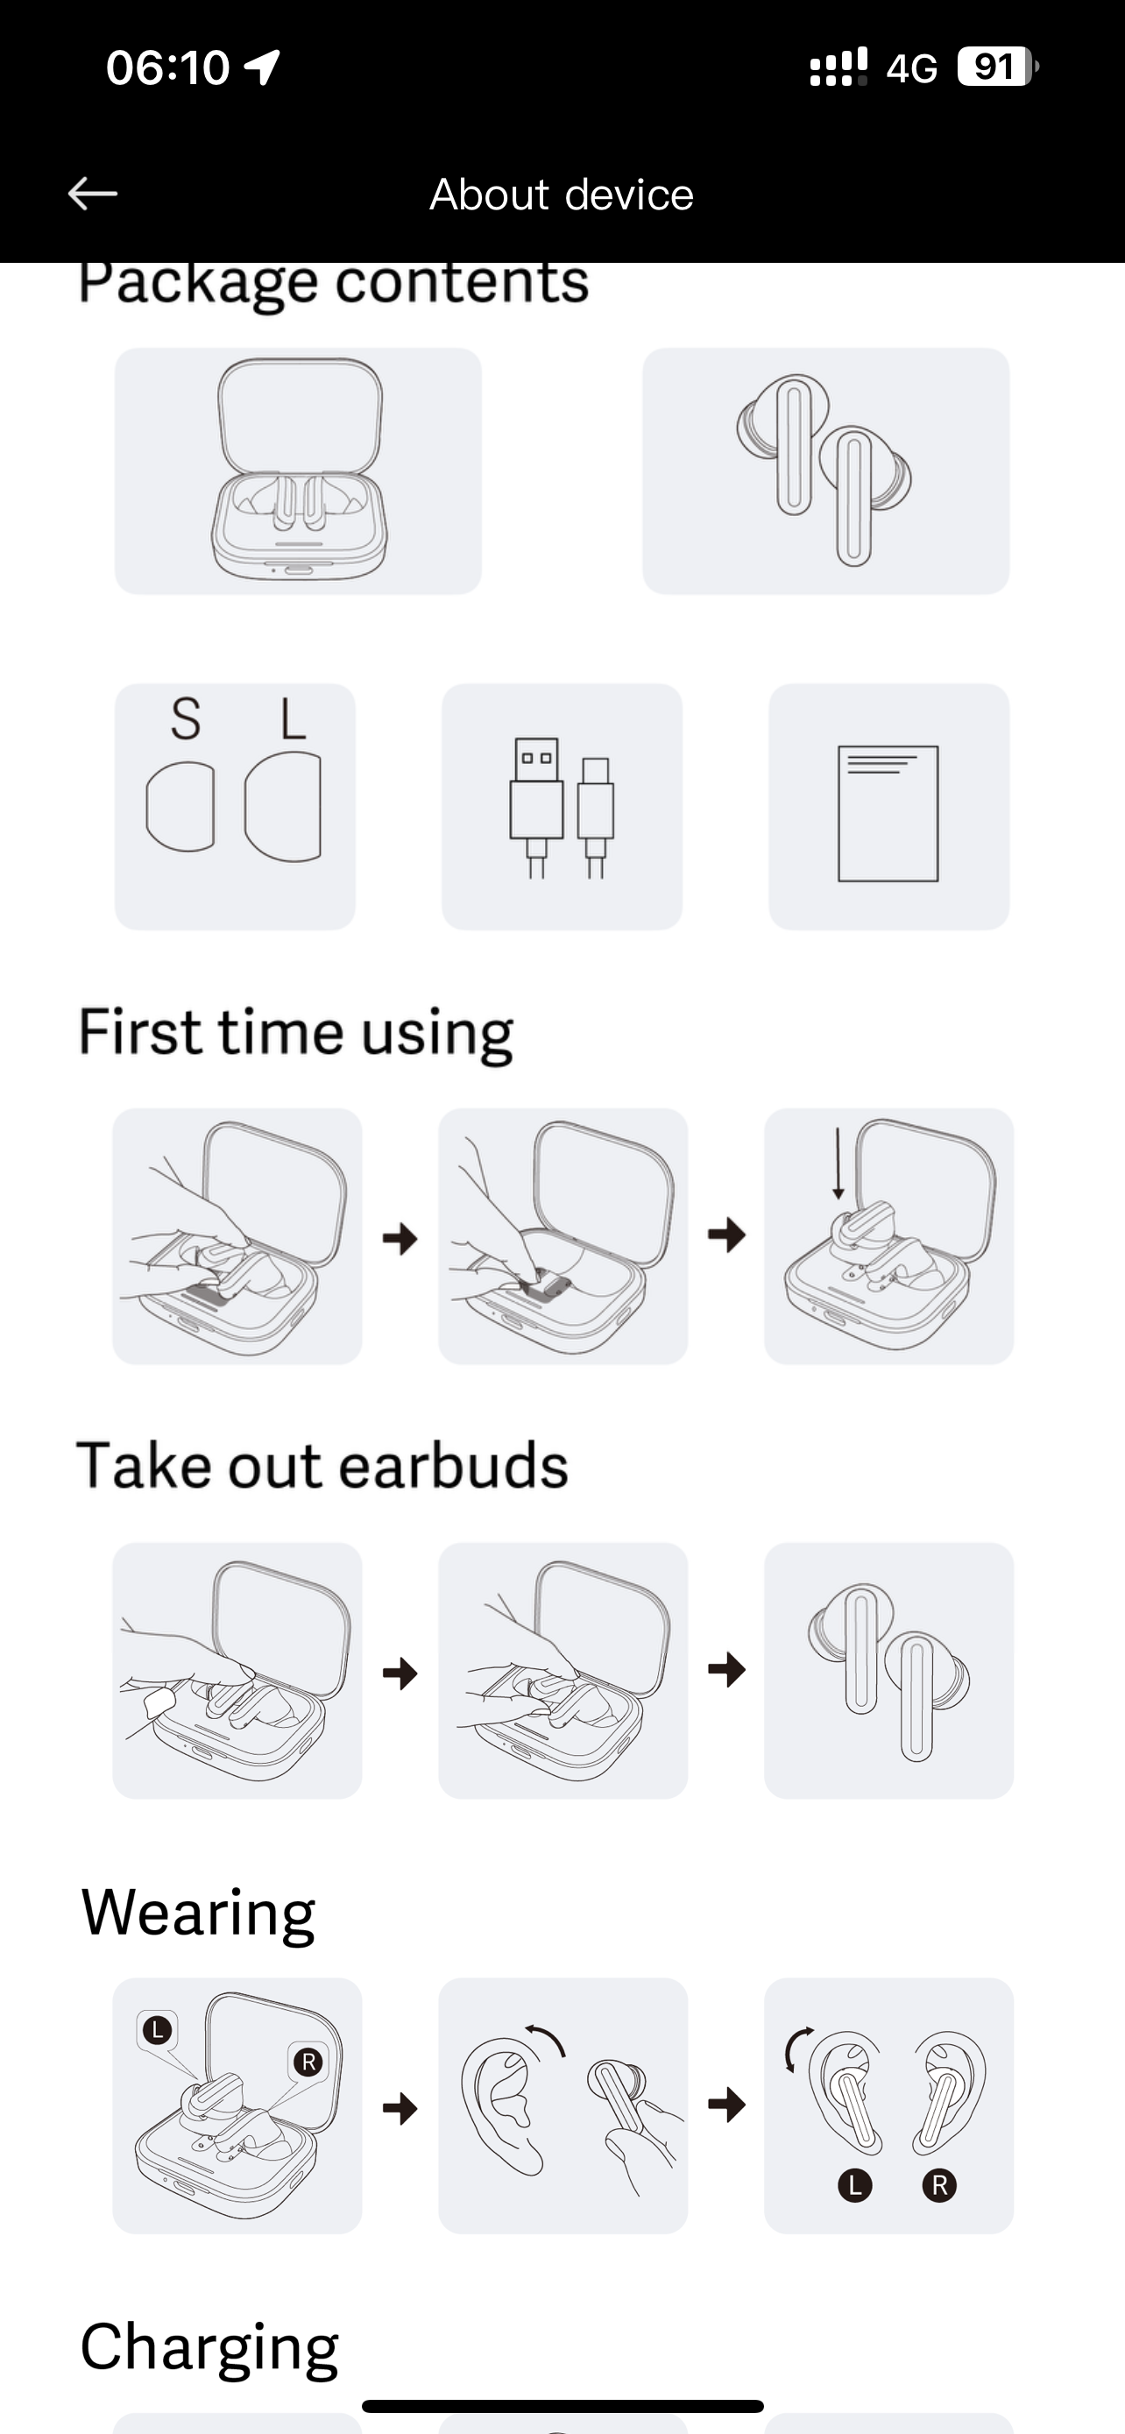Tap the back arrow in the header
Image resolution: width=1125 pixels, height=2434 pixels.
click(93, 194)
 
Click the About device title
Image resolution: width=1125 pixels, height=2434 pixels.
click(562, 195)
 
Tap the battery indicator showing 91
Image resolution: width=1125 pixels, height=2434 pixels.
click(997, 67)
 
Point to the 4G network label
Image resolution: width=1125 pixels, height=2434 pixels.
click(911, 68)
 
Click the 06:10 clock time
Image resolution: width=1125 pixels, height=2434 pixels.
click(168, 68)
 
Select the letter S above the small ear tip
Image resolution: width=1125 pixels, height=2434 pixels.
click(185, 719)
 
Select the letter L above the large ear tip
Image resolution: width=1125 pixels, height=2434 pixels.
click(293, 719)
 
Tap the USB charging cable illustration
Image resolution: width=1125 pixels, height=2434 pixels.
click(562, 808)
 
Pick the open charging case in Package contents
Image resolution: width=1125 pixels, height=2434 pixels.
click(299, 469)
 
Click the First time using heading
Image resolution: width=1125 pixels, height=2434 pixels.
click(295, 1032)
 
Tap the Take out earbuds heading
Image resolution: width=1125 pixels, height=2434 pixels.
click(322, 1466)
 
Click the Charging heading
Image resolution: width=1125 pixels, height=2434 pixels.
click(209, 2348)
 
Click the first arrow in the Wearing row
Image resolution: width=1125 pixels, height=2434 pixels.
click(400, 2108)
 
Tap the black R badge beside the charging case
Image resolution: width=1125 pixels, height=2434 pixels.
click(308, 2063)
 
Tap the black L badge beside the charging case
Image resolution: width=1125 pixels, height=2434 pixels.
click(157, 2029)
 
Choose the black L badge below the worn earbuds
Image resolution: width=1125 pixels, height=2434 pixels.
click(855, 2185)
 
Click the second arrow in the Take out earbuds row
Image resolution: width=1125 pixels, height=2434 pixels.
click(726, 1670)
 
